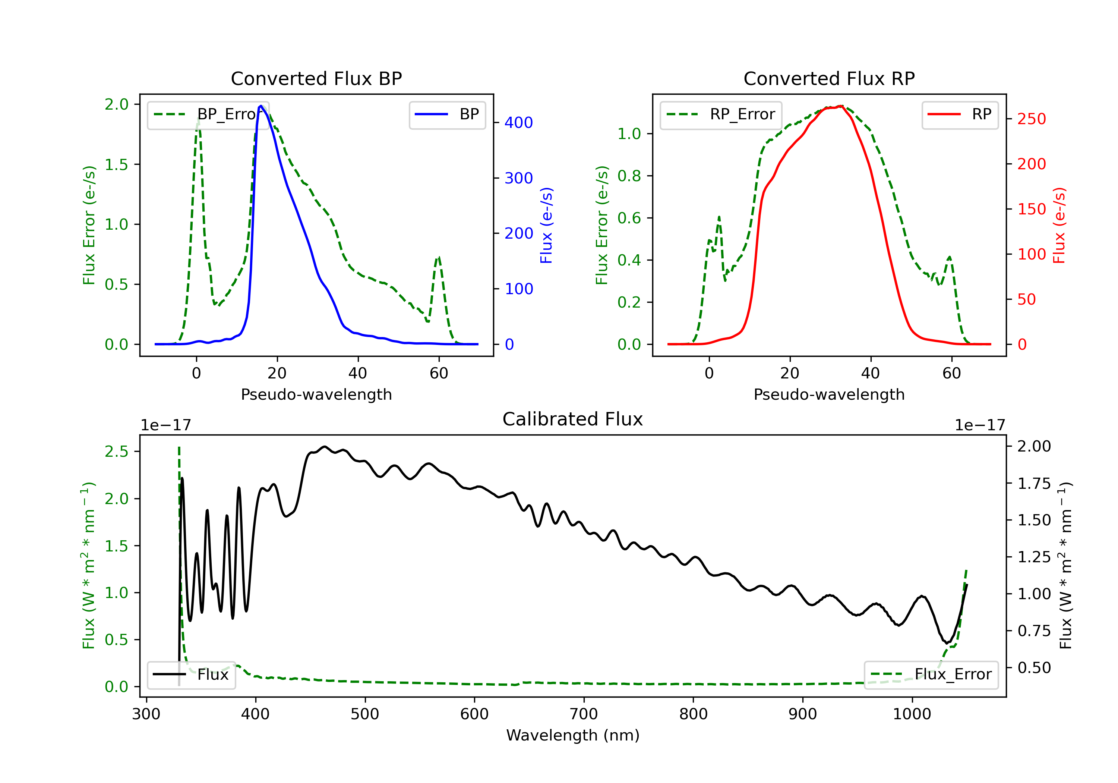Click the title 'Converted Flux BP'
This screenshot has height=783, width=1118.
coord(316,78)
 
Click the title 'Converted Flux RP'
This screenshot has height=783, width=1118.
coord(829,78)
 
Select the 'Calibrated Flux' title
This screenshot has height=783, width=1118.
coord(573,419)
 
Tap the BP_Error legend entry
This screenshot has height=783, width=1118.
coord(208,114)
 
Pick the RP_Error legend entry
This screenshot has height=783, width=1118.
coord(721,114)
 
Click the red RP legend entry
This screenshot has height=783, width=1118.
coord(960,114)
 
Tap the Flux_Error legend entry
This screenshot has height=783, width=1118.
coord(931,675)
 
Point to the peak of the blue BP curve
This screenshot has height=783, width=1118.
coord(261,106)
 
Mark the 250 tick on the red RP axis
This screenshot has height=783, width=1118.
coord(1031,119)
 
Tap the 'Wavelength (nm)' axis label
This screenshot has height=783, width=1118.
coord(573,735)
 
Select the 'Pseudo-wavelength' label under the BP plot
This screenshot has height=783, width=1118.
coord(316,394)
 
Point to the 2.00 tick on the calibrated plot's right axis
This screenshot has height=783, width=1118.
coord(1034,446)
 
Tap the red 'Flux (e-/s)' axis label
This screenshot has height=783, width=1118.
coord(1059,226)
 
